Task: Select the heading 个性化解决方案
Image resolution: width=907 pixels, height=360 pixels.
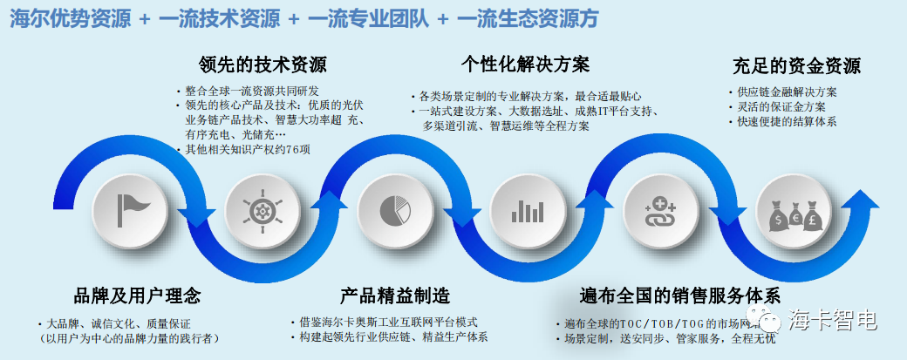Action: [525, 65]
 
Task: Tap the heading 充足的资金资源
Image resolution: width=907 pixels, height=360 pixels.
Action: [796, 66]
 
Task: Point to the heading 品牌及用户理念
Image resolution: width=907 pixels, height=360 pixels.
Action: [138, 295]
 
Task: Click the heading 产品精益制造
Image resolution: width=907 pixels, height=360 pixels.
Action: [395, 295]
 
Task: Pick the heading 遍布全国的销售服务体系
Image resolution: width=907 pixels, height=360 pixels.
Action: [679, 295]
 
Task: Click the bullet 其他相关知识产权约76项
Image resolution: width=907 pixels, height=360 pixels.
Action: [254, 150]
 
